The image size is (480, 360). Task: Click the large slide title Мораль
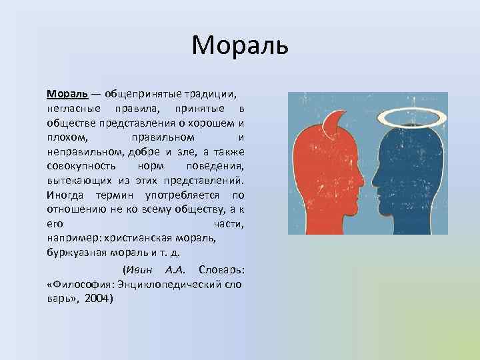239,45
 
